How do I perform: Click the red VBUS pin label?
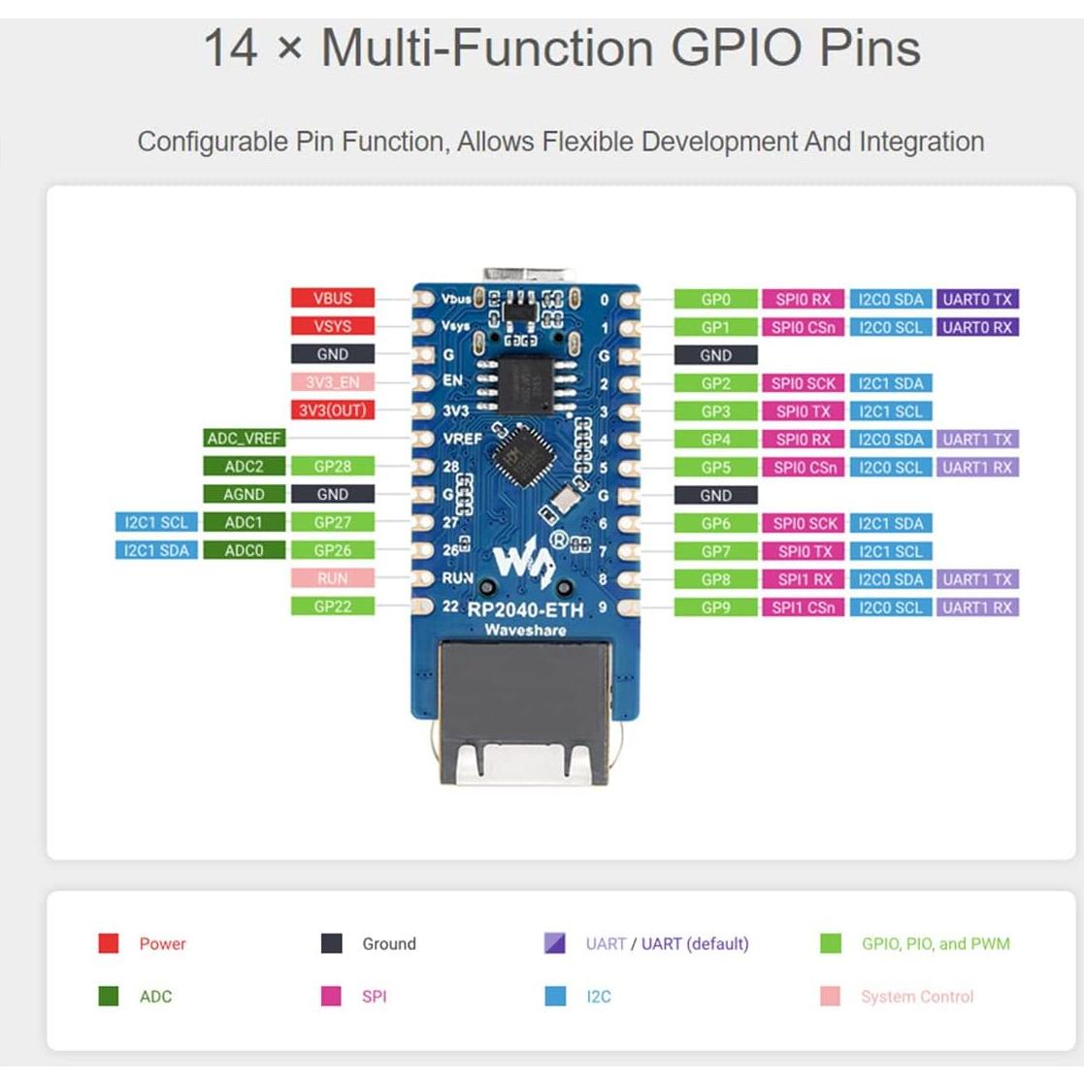click(x=332, y=298)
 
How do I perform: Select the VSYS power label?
click(x=332, y=326)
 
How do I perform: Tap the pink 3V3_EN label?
click(x=332, y=382)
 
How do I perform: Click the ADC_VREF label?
click(x=244, y=439)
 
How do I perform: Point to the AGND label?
click(x=244, y=494)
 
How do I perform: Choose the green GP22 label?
click(x=332, y=607)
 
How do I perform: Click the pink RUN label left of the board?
click(x=332, y=578)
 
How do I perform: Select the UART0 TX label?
click(x=977, y=299)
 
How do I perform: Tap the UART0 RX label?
click(x=977, y=327)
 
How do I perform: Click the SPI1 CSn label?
click(x=804, y=608)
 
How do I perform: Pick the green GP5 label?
click(x=715, y=467)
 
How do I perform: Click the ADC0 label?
click(x=244, y=550)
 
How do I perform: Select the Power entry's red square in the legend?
click(x=109, y=943)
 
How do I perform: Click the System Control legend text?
click(x=916, y=997)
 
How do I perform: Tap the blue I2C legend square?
click(x=555, y=997)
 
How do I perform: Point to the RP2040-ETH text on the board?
click(x=525, y=610)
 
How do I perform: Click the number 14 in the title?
click(x=231, y=48)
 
